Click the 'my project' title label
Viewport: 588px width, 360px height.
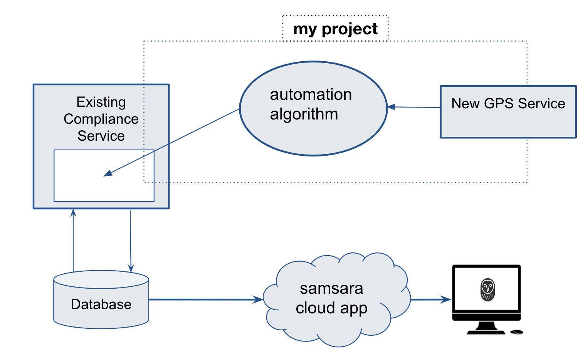pyautogui.click(x=335, y=29)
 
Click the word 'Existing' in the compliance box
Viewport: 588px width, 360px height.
pyautogui.click(x=101, y=102)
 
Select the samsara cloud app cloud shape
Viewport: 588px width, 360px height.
pyautogui.click(x=331, y=328)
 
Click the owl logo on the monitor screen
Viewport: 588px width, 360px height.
pyautogui.click(x=487, y=289)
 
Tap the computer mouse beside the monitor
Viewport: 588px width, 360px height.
pyautogui.click(x=516, y=332)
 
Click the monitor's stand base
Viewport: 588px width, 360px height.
pyautogui.click(x=486, y=331)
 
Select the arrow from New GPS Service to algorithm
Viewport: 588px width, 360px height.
pyautogui.click(x=414, y=107)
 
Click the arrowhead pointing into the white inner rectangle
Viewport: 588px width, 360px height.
pyautogui.click(x=108, y=173)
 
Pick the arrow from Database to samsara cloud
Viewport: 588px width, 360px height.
pyautogui.click(x=204, y=299)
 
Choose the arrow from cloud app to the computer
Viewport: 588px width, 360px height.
pyautogui.click(x=430, y=299)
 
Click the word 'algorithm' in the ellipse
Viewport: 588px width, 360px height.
pyautogui.click(x=304, y=114)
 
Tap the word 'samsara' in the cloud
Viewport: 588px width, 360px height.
pyautogui.click(x=331, y=288)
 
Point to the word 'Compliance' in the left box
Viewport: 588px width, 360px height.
pyautogui.click(x=101, y=119)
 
